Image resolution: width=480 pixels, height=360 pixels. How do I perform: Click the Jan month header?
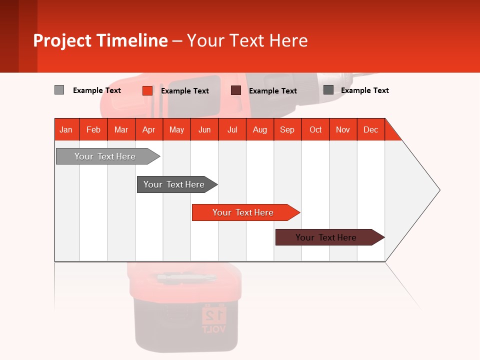pos(66,129)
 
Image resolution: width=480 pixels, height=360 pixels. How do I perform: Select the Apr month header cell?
pos(148,129)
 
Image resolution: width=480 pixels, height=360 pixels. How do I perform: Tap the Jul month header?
pos(232,129)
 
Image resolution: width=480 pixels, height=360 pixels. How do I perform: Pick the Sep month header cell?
pos(287,129)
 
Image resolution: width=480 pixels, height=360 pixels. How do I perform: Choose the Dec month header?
pos(370,129)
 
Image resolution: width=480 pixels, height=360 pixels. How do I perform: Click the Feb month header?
pos(93,129)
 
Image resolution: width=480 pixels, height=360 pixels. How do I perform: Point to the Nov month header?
pos(342,129)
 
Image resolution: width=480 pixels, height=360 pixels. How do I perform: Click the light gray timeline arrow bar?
pos(105,156)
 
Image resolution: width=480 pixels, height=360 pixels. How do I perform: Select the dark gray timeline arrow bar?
pos(174,184)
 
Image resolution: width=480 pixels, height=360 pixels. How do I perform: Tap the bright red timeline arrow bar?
pos(243,212)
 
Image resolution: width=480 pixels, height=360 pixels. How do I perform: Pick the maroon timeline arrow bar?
pos(326,237)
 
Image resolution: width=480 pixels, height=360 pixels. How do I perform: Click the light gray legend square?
pos(59,90)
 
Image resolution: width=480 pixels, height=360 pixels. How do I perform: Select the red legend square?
pos(147,90)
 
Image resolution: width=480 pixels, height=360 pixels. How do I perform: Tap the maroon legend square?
pos(236,90)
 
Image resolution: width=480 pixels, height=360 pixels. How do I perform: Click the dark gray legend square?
pos(328,90)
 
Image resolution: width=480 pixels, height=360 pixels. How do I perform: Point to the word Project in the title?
pos(62,40)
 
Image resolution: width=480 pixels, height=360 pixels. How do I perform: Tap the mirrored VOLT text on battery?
pos(214,329)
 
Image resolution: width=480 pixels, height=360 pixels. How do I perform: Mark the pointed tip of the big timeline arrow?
pos(439,190)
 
